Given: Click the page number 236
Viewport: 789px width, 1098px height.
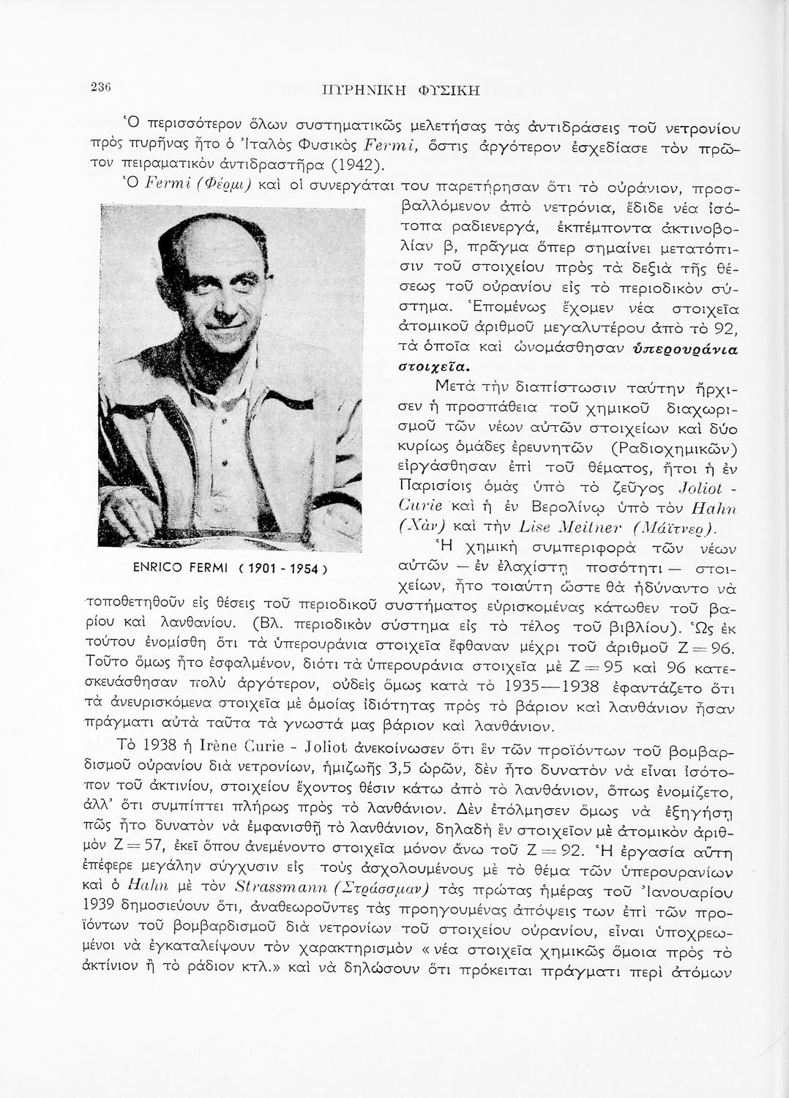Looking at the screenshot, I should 100,86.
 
